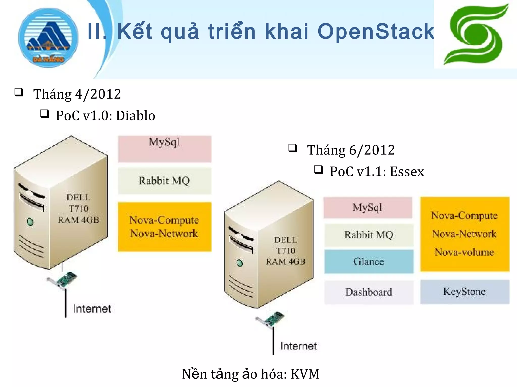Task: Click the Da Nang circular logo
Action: point(48,38)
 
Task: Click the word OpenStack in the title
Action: point(376,31)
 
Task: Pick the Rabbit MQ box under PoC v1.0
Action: point(165,181)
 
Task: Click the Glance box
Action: point(369,262)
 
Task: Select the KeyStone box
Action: point(464,292)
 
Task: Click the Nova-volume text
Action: point(464,252)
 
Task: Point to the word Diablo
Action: point(136,116)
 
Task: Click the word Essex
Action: point(407,172)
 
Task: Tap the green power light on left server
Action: point(30,222)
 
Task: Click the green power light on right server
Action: point(240,263)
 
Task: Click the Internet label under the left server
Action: point(92,309)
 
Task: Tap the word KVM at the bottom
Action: point(305,374)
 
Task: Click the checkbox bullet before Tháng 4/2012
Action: point(19,92)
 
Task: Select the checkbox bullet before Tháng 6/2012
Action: point(293,148)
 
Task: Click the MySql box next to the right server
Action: point(368,208)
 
